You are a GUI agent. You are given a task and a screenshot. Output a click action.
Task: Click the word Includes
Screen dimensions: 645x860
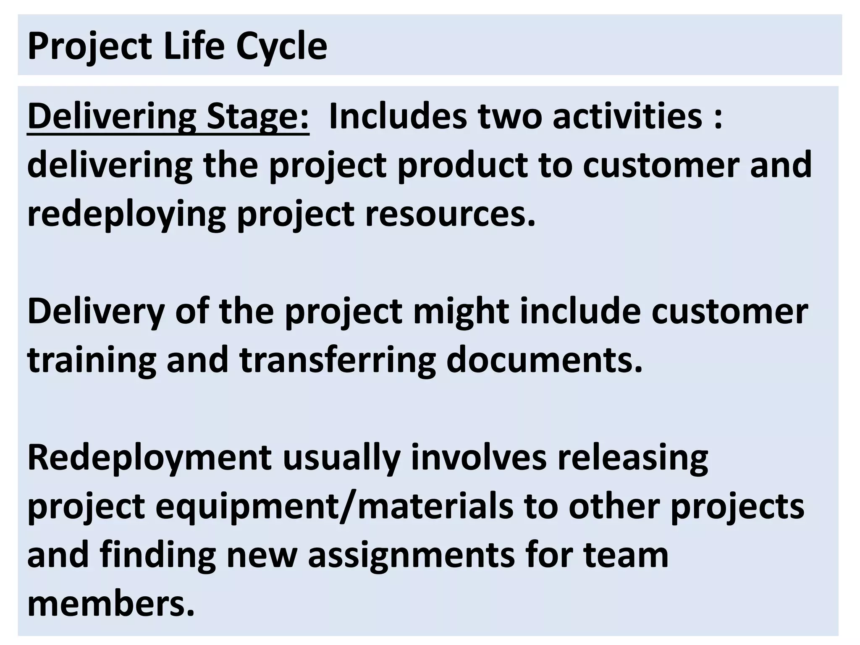pos(398,116)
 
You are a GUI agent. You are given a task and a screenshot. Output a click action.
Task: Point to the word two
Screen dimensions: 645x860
pos(509,116)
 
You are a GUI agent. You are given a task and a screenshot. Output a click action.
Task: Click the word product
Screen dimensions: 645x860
pos(462,165)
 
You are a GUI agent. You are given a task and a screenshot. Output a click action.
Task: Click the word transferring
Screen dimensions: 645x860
pos(338,360)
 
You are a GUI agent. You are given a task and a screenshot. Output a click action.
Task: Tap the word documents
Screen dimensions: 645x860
pos(544,360)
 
